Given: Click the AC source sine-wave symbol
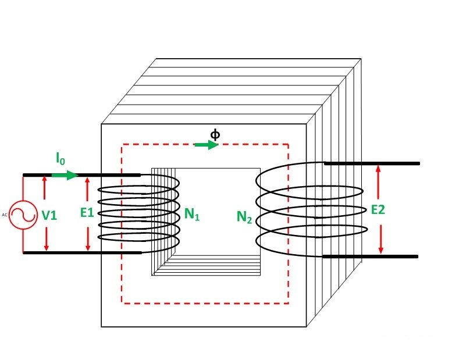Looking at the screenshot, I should point(23,215).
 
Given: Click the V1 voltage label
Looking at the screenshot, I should point(49,215).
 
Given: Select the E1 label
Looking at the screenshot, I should point(87,213).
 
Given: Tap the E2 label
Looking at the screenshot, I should point(378,210).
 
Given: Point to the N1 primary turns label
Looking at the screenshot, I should point(193,215).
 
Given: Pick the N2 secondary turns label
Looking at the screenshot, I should point(244,218).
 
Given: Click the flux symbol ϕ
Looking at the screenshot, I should point(215,134).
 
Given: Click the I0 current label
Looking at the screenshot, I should point(60,158).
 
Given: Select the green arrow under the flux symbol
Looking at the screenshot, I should point(207,145).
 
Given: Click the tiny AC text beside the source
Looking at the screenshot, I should point(5,215).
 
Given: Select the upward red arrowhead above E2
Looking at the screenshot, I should point(379,169).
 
